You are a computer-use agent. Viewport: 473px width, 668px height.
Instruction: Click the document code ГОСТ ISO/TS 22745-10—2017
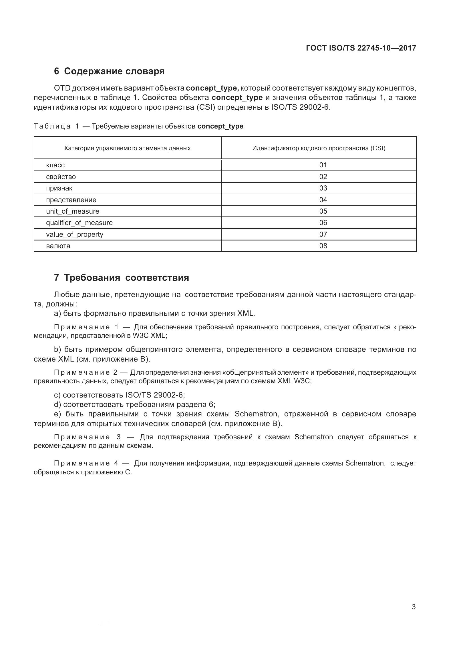[x=361, y=48]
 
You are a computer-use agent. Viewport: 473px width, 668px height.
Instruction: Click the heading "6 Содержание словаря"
[x=109, y=71]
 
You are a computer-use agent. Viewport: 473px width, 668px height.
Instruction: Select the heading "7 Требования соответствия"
[x=122, y=278]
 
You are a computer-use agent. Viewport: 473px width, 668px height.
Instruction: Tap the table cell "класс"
[x=55, y=165]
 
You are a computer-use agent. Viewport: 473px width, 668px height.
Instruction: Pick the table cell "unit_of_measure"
[x=73, y=211]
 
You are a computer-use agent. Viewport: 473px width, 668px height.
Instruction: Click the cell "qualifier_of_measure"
[x=79, y=222]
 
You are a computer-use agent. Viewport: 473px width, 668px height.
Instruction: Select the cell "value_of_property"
[x=75, y=234]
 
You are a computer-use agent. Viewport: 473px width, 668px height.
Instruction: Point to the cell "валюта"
[x=58, y=246]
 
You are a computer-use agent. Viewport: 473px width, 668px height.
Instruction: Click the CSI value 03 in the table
[x=323, y=188]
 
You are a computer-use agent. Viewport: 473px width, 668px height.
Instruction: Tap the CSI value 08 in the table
[x=323, y=246]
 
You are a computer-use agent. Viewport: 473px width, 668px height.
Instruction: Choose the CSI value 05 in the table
[x=323, y=211]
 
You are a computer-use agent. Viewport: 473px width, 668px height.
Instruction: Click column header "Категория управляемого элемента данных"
[x=127, y=148]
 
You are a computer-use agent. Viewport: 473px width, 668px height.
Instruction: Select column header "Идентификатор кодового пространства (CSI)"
[x=319, y=148]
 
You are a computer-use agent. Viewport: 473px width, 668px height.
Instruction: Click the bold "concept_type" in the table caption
[x=220, y=126]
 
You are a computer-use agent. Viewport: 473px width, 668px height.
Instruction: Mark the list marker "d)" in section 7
[x=57, y=404]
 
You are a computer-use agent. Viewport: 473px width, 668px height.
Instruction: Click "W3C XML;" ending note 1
[x=150, y=336]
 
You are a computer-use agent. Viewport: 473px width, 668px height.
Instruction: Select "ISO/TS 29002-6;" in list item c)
[x=155, y=395]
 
